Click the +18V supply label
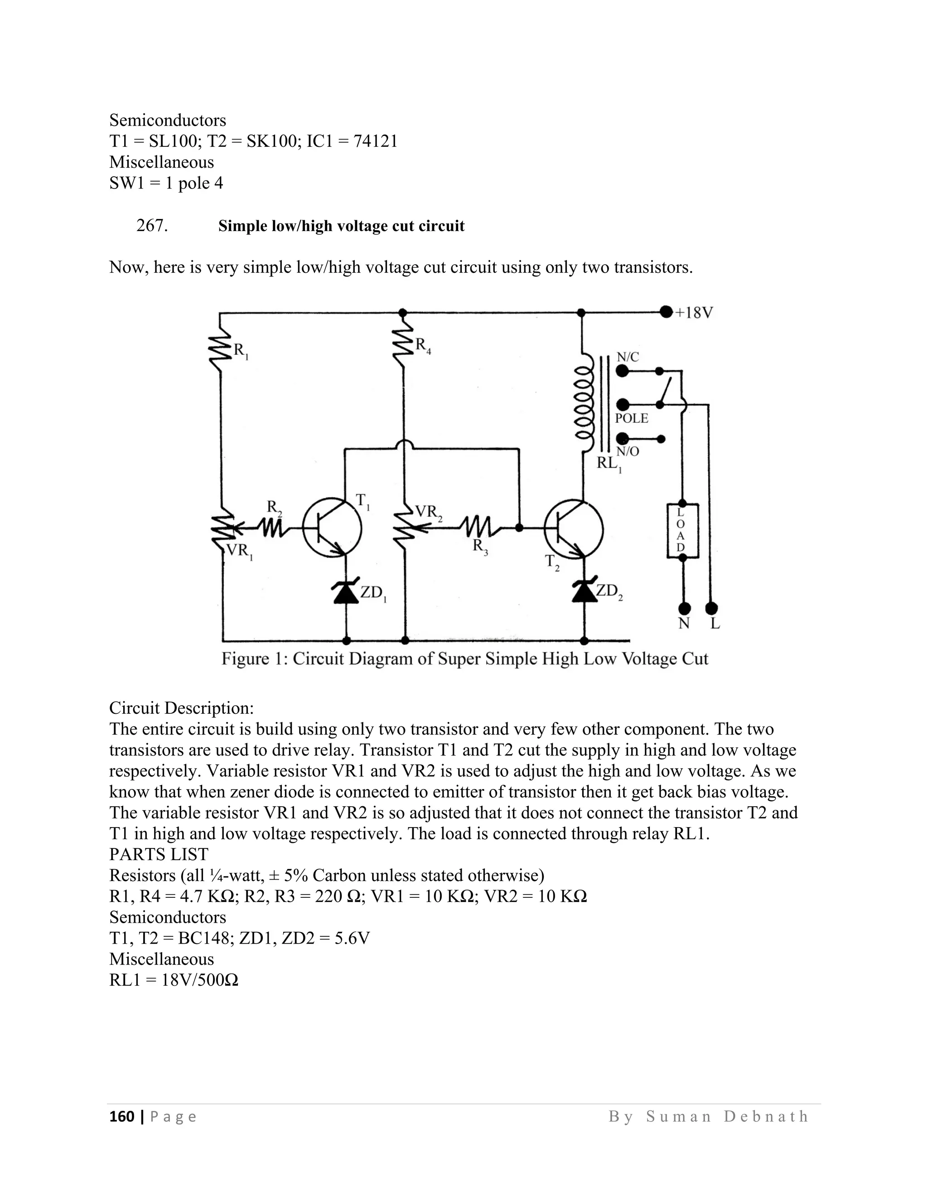point(694,313)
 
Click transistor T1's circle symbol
point(332,528)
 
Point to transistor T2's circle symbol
point(573,528)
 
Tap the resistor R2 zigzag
point(271,528)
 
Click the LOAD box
point(682,530)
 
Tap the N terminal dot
point(685,608)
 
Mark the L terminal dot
point(711,608)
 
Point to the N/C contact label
point(628,357)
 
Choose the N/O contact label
point(628,451)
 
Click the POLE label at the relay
point(632,418)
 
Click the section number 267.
point(152,225)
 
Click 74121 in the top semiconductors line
point(376,141)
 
